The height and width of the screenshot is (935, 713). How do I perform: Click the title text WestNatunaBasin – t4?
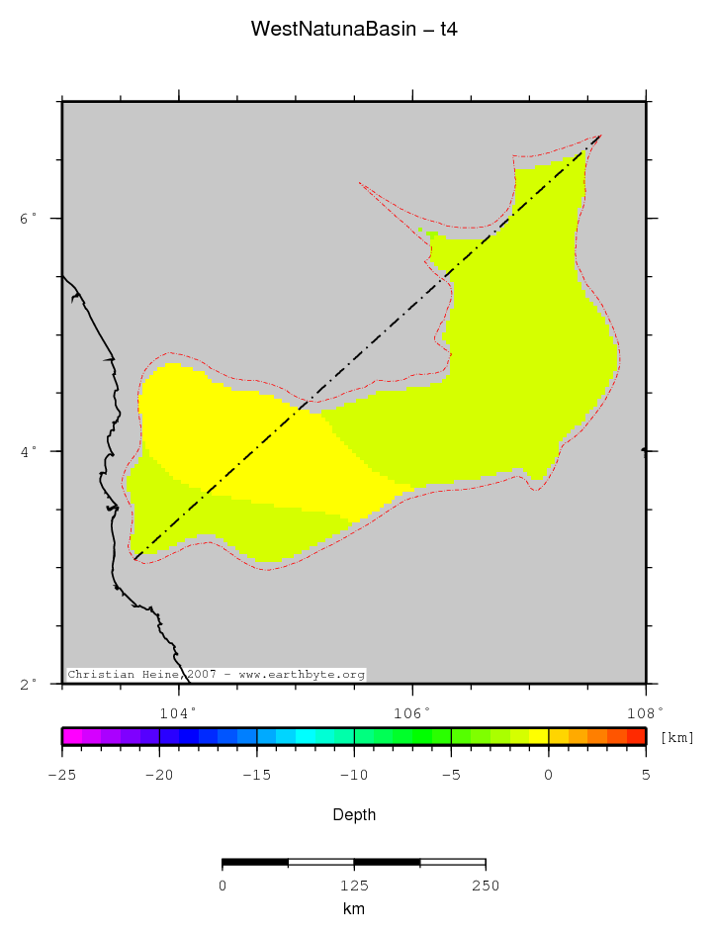(354, 30)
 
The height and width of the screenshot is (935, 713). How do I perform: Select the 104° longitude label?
(179, 712)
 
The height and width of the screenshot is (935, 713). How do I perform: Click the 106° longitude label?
(412, 712)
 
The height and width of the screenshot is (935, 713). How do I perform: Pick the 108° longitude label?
(645, 712)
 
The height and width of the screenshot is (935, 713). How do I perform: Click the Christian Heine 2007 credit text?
(216, 675)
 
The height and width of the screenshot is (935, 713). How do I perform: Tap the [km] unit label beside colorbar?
(676, 737)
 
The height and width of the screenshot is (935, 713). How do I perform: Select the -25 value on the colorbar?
(61, 775)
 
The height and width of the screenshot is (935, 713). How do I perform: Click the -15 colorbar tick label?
(256, 775)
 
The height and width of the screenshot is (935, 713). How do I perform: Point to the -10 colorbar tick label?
(353, 775)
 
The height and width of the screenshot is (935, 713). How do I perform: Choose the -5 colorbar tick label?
(450, 775)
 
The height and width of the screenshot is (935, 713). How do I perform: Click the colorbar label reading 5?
(646, 775)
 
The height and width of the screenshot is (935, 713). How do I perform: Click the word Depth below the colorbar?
(354, 815)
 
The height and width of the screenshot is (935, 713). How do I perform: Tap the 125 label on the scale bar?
(354, 886)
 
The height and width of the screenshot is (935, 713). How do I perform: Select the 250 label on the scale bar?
(485, 886)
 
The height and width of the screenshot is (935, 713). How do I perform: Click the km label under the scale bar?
(354, 908)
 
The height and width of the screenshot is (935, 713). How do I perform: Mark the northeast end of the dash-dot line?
(601, 136)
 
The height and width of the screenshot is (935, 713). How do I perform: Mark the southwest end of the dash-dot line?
(134, 561)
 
